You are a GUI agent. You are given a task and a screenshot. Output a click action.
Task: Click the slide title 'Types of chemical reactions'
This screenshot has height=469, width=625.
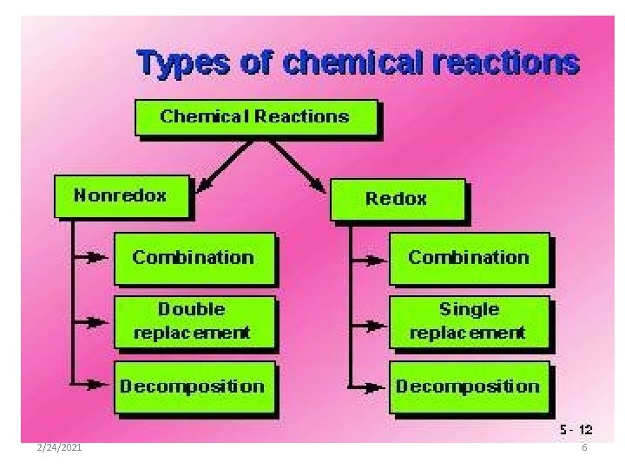pos(357,63)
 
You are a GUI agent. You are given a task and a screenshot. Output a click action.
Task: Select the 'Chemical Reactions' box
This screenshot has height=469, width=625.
pos(255,117)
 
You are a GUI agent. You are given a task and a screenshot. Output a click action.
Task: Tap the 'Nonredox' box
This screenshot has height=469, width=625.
pos(121,196)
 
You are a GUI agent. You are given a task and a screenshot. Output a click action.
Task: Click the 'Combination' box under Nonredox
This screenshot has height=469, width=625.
pos(194,257)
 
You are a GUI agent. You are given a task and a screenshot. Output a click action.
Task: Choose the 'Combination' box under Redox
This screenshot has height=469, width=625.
pos(469,257)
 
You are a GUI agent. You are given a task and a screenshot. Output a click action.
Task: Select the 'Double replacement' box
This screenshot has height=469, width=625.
pos(194,320)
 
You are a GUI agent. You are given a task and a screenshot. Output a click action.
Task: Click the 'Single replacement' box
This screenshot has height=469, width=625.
pos(469,320)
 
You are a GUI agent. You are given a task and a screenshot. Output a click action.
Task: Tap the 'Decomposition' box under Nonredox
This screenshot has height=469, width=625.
pos(194,386)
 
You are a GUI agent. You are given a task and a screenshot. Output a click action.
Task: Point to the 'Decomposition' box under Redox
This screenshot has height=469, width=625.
pos(469,386)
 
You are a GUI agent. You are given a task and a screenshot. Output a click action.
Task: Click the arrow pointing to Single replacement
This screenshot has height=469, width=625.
pos(365,325)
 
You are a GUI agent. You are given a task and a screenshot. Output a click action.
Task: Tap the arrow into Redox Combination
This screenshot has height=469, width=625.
pos(365,258)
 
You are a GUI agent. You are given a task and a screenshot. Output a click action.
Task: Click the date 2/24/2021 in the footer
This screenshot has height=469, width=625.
pos(61,447)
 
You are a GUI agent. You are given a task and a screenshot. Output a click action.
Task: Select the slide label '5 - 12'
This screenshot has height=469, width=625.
pos(576,430)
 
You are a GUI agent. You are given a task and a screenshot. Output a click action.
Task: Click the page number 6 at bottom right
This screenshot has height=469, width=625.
pos(584,447)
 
